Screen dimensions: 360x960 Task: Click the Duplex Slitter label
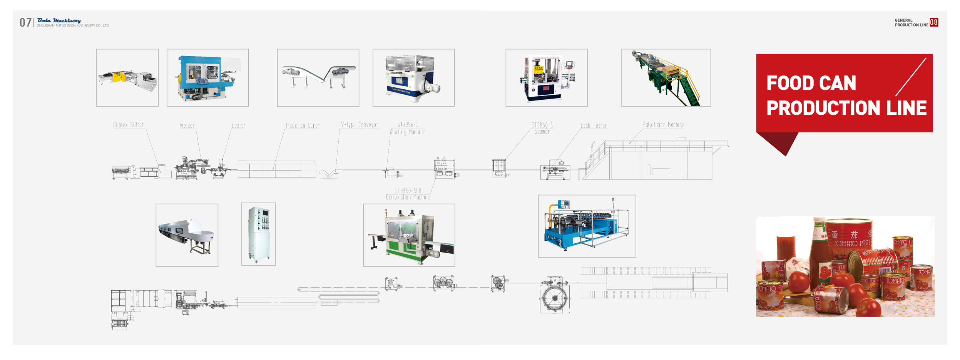128,125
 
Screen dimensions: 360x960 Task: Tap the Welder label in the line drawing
187,126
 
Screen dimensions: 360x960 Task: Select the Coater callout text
238,126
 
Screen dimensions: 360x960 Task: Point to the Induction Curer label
303,126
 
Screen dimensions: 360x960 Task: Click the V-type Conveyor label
360,125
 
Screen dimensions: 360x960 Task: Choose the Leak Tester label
594,126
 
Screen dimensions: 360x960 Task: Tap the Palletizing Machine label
663,125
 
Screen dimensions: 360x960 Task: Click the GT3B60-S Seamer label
542,128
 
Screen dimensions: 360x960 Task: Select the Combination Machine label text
408,197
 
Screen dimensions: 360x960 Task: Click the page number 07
25,23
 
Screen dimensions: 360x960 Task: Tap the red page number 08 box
933,22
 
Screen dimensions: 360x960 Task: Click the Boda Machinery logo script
59,20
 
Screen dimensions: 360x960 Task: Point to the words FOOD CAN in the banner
811,83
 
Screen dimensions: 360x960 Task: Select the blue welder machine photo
207,77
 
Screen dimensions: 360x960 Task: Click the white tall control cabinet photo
258,234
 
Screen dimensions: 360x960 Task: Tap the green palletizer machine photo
666,77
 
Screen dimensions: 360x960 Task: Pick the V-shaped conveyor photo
318,77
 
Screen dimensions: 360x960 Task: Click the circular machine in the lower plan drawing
555,298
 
